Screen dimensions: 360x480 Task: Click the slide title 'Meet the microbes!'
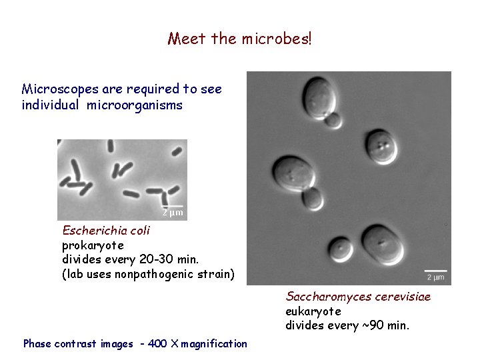(x=239, y=39)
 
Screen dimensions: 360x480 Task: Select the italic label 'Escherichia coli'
(x=106, y=231)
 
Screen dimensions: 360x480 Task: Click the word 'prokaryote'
(x=93, y=245)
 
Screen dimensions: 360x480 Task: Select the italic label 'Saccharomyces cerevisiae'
(x=358, y=297)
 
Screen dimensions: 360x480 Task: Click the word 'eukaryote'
(x=313, y=311)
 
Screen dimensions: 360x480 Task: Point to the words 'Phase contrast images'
(x=78, y=344)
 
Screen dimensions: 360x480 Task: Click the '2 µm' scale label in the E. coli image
(x=173, y=213)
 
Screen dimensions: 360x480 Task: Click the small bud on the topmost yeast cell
(x=331, y=120)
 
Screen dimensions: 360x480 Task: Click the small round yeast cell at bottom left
(x=342, y=248)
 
